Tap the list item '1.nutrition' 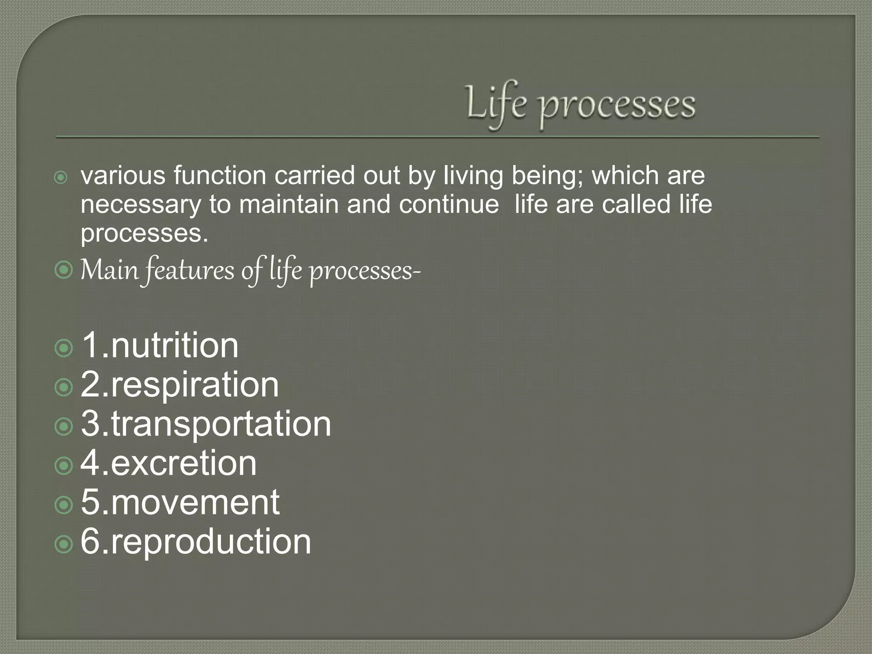click(x=160, y=345)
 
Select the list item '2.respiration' click(x=180, y=384)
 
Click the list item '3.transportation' click(x=206, y=424)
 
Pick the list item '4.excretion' click(x=169, y=463)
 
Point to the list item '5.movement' click(x=180, y=502)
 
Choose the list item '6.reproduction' click(x=196, y=542)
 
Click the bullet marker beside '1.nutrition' click(x=64, y=348)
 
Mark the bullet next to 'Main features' click(x=64, y=270)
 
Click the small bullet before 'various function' click(x=61, y=178)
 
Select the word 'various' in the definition click(x=123, y=175)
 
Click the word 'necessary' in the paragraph click(x=141, y=205)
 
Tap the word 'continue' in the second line click(x=449, y=204)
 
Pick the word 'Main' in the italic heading click(x=110, y=270)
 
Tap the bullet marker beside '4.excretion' click(x=64, y=466)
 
